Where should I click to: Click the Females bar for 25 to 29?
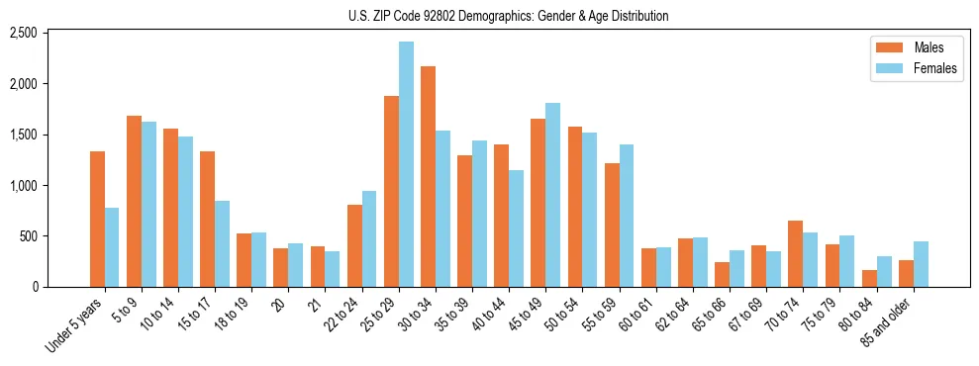[406, 164]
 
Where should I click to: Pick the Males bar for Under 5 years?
[97, 219]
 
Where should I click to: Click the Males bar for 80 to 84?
[869, 278]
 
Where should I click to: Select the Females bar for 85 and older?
[921, 264]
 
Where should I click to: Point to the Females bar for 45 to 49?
[552, 195]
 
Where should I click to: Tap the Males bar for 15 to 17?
[207, 219]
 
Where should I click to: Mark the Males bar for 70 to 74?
[796, 253]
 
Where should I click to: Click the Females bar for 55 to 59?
[626, 216]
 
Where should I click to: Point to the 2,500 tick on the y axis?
[50, 33]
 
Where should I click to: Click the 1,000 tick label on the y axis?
[50, 185]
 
